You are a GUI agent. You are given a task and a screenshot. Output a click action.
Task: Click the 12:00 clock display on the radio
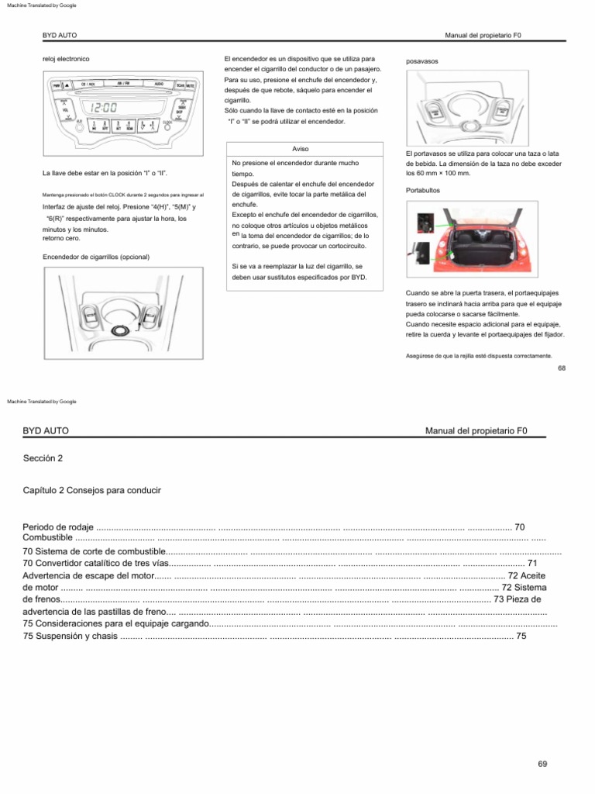pos(104,109)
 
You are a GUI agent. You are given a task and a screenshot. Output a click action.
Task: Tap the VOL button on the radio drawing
pos(66,111)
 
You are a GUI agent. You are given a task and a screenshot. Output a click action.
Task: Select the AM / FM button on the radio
pos(123,83)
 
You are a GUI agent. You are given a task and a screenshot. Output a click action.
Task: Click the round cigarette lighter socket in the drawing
pos(121,331)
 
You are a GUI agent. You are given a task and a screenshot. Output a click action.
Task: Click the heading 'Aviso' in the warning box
pos(300,148)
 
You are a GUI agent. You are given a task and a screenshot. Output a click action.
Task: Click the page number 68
pos(562,368)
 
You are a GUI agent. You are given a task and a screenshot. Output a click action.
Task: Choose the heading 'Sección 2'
pos(43,458)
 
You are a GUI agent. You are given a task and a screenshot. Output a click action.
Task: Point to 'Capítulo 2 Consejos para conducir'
pos(92,491)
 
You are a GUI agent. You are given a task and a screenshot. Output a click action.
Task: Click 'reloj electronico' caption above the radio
pos(66,59)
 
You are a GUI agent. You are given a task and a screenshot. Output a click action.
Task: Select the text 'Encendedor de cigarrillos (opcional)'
pos(95,257)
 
